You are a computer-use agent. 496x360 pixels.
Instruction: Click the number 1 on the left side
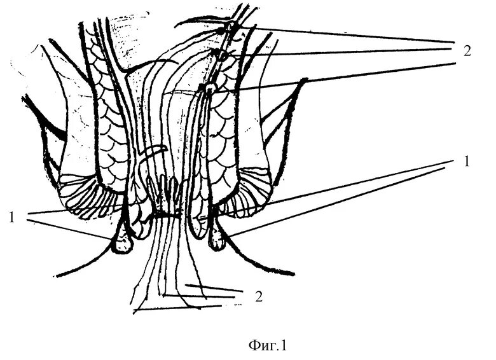coord(11,217)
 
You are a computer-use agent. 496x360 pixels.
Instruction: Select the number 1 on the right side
coord(466,162)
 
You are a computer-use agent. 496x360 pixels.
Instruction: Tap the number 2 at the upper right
coord(467,52)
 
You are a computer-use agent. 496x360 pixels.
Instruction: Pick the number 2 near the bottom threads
coord(259,296)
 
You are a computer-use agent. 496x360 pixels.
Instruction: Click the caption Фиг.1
coord(267,346)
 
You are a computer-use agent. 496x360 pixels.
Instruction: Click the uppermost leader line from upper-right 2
coord(350,34)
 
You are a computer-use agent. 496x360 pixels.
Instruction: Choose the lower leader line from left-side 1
coord(70,228)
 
